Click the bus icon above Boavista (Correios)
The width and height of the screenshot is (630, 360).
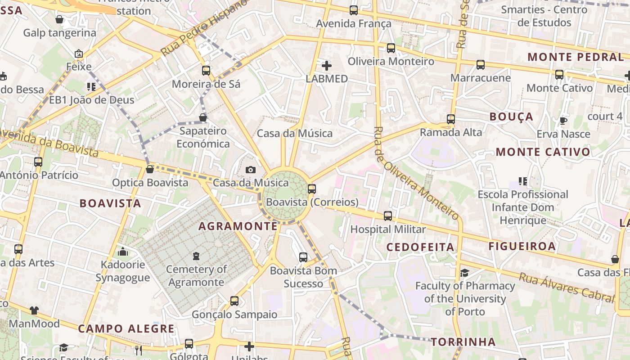[311, 189]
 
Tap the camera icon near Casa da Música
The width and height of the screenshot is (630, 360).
[251, 170]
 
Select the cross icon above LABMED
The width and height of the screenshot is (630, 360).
[327, 66]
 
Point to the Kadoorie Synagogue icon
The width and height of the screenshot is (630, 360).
[122, 252]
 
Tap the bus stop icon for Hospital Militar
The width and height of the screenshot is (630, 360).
[388, 216]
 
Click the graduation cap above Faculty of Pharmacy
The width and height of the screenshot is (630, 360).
[464, 273]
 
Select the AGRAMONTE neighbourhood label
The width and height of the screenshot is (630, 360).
[238, 226]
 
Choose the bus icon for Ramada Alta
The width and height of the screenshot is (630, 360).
[451, 119]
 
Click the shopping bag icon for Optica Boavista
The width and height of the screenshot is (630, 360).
[150, 169]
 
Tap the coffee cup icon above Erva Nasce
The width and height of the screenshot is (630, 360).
[563, 121]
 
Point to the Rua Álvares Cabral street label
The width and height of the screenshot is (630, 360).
[566, 287]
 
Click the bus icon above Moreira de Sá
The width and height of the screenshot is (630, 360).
[206, 71]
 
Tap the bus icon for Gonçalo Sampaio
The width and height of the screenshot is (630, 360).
[234, 301]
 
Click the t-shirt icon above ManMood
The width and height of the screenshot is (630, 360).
[34, 310]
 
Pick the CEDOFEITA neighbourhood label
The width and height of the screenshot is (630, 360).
[420, 247]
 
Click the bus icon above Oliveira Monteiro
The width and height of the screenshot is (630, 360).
[391, 48]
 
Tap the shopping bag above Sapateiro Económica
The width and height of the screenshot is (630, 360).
[203, 117]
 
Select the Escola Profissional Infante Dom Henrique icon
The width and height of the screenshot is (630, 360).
[522, 181]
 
